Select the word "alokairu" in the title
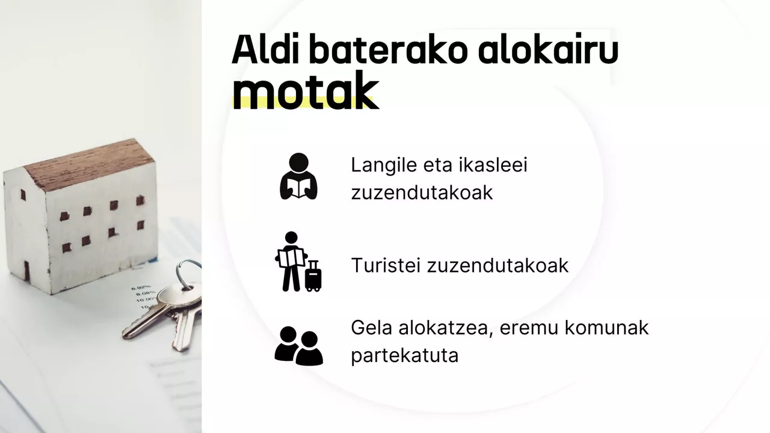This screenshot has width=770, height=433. (549, 49)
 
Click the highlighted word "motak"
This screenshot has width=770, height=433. (306, 91)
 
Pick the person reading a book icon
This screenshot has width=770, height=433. (298, 176)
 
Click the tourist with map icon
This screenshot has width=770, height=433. (291, 261)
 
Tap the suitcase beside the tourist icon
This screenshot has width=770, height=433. (313, 276)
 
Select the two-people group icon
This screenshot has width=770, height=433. (298, 345)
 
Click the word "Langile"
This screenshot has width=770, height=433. (384, 165)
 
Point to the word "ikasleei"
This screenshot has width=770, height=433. (493, 165)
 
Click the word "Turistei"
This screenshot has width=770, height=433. (386, 266)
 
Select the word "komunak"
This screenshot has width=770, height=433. (606, 328)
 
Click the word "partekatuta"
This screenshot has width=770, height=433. (405, 355)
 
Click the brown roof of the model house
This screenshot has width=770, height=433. (90, 165)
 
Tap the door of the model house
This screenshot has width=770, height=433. (26, 270)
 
